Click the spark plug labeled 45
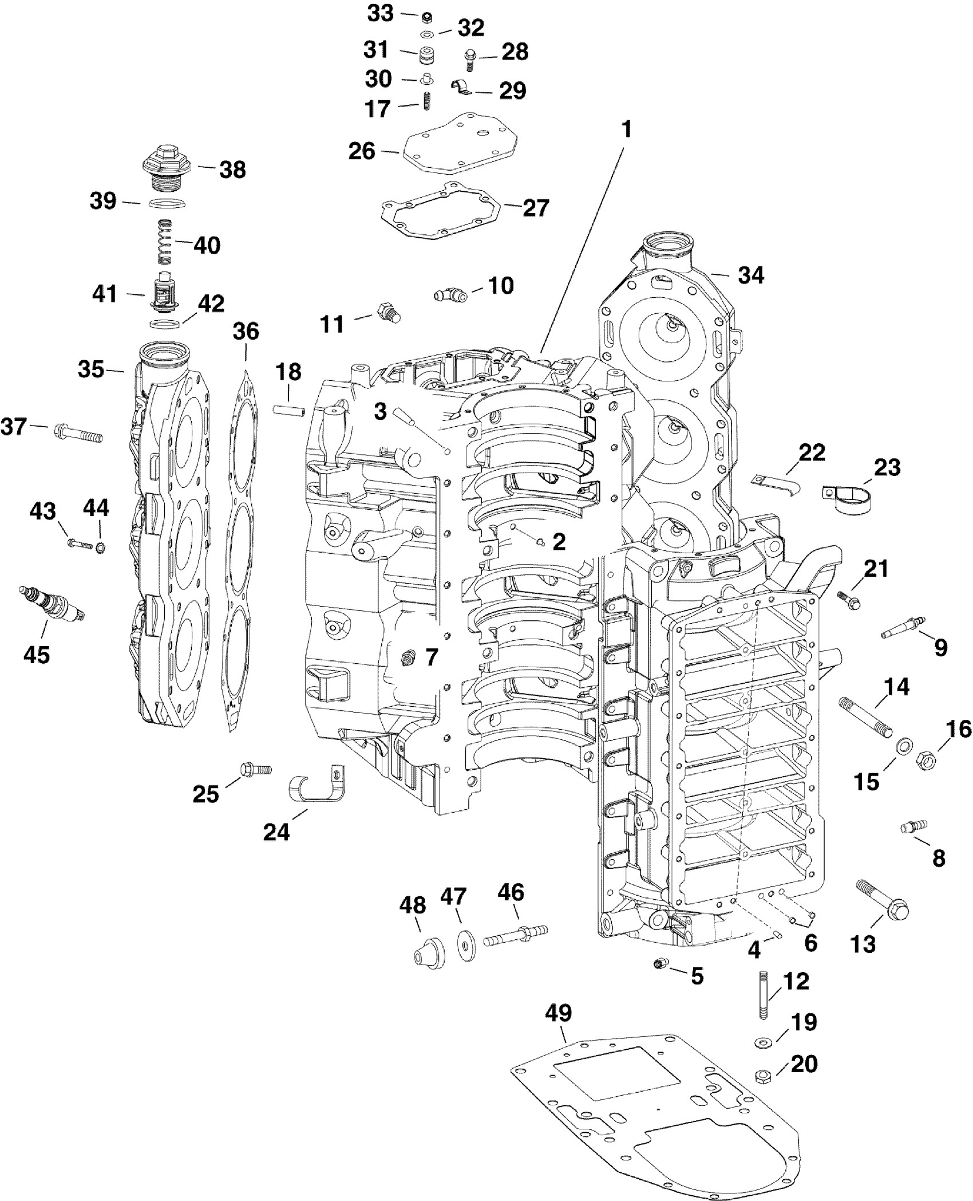(x=52, y=604)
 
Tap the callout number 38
(x=233, y=170)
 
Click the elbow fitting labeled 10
(x=449, y=295)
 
